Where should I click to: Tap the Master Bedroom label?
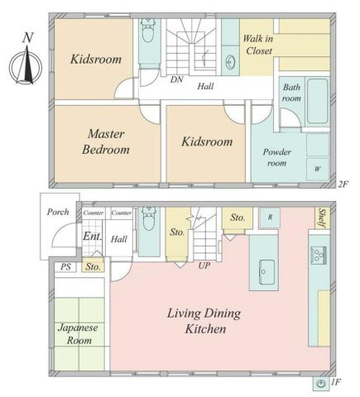(106, 141)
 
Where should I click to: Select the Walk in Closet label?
(258, 45)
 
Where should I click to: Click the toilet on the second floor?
(148, 31)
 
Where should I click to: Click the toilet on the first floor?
(149, 219)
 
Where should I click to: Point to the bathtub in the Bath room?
(318, 101)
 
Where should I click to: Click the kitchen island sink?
(266, 272)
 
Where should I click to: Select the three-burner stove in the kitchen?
(319, 254)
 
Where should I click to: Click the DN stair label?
(176, 79)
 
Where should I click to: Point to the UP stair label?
(204, 265)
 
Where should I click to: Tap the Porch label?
(58, 212)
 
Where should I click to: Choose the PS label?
(65, 267)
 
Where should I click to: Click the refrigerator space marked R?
(270, 218)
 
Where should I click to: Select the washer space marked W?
(318, 169)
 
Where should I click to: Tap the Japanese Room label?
(79, 334)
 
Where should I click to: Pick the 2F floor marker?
(343, 184)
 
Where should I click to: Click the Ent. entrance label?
(93, 237)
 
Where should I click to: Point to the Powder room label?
(277, 157)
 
